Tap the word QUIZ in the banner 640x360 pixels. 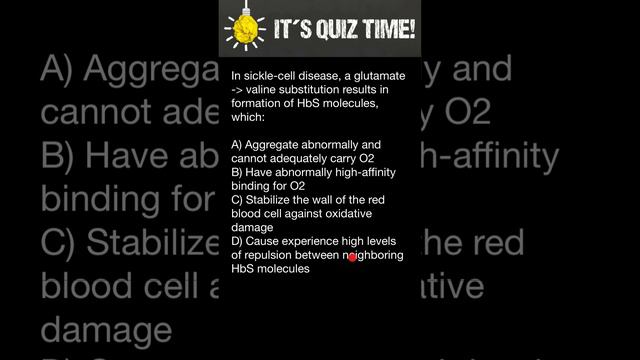(x=334, y=30)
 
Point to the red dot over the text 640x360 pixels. (x=353, y=258)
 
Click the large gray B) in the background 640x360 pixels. (x=66, y=156)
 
